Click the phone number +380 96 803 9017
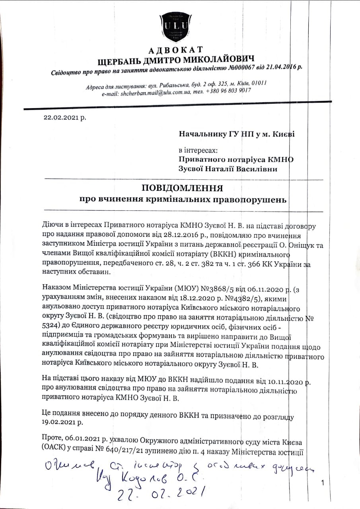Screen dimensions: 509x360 tap(228, 91)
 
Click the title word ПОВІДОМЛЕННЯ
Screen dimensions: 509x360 tap(182, 188)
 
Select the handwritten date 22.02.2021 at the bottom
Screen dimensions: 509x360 tap(163, 493)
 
